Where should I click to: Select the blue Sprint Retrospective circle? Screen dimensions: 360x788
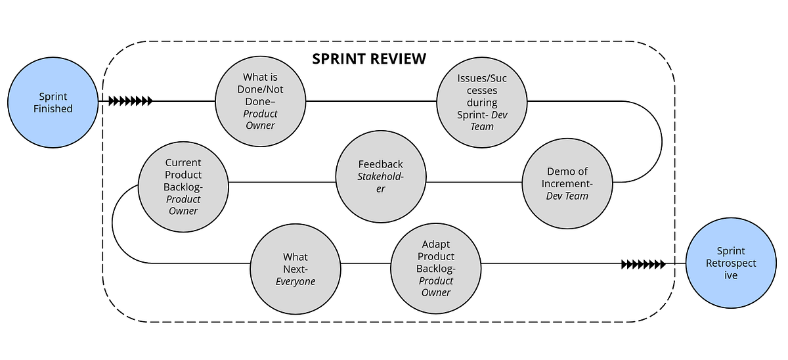tap(731, 263)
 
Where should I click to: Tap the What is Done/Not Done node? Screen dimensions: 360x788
tap(261, 101)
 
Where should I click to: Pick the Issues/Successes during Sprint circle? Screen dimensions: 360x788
tap(482, 101)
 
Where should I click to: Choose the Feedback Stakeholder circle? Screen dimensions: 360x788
tap(381, 176)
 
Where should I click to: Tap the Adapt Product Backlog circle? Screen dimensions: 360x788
tap(436, 269)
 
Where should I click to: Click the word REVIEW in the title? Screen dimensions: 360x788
tap(401, 58)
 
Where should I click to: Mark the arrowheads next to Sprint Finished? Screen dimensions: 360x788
tap(130, 101)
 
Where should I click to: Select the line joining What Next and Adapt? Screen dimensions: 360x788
tap(365, 263)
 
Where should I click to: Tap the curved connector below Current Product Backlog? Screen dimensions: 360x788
tap(114, 227)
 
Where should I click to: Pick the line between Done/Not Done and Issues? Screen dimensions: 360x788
tap(371, 101)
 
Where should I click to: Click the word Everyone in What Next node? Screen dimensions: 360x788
tap(295, 281)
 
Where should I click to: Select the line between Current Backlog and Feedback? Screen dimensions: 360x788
tap(282, 182)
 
